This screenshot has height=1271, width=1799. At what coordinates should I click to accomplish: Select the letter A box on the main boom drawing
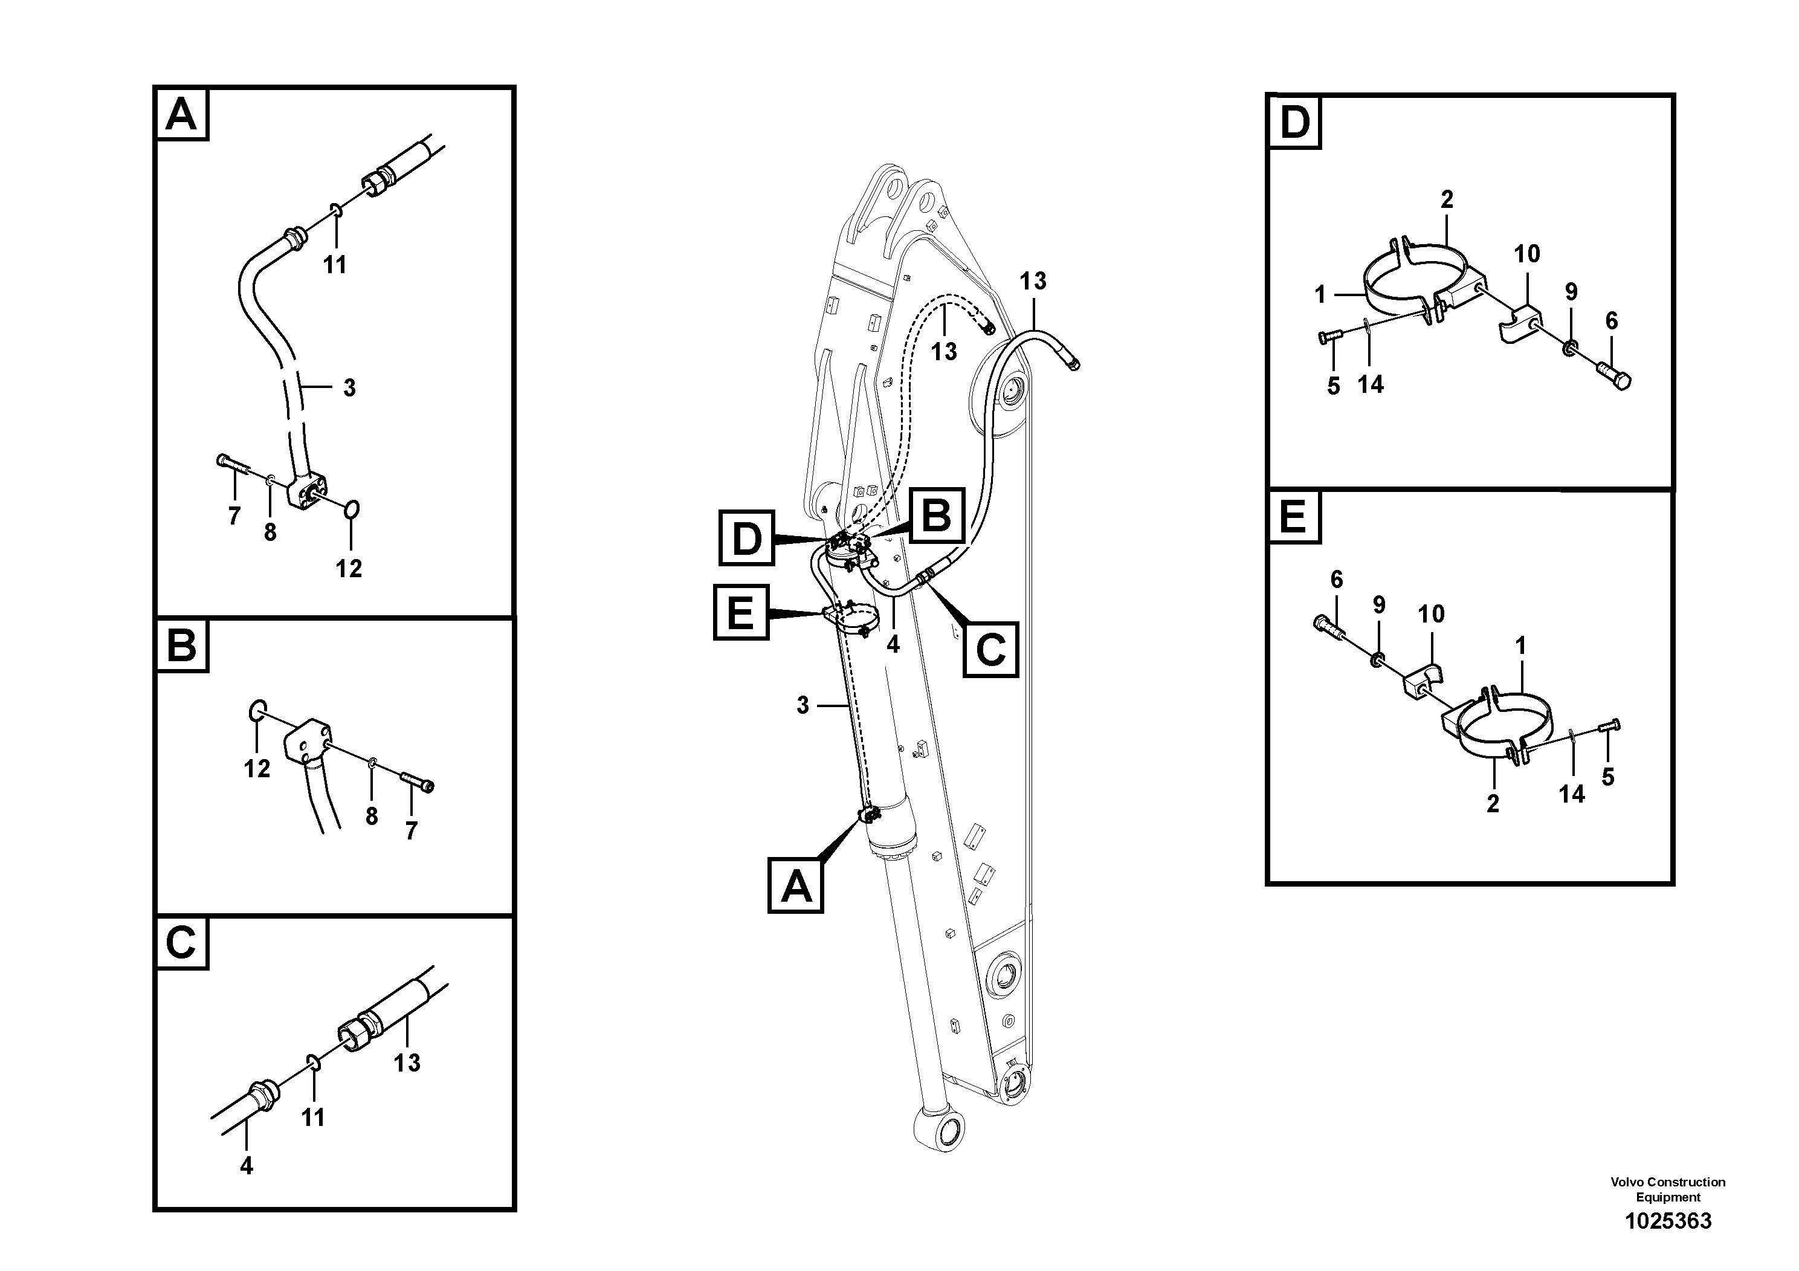pos(795,885)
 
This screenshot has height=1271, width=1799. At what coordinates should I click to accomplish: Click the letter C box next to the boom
pos(990,649)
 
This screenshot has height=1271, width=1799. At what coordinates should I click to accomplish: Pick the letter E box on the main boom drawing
pos(740,612)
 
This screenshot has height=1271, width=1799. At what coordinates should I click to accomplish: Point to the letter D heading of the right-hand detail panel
pos(1294,122)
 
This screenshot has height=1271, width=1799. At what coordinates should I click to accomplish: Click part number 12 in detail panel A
pos(349,568)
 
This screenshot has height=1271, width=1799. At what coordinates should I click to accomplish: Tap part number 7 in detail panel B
pos(412,830)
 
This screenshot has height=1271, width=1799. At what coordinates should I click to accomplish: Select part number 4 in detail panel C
pos(246,1166)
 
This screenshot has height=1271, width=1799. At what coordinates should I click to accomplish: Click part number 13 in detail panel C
pos(407,1062)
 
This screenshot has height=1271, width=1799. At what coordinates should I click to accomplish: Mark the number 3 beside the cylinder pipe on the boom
pos(803,705)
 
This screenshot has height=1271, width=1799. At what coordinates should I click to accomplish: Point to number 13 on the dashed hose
pos(943,351)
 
